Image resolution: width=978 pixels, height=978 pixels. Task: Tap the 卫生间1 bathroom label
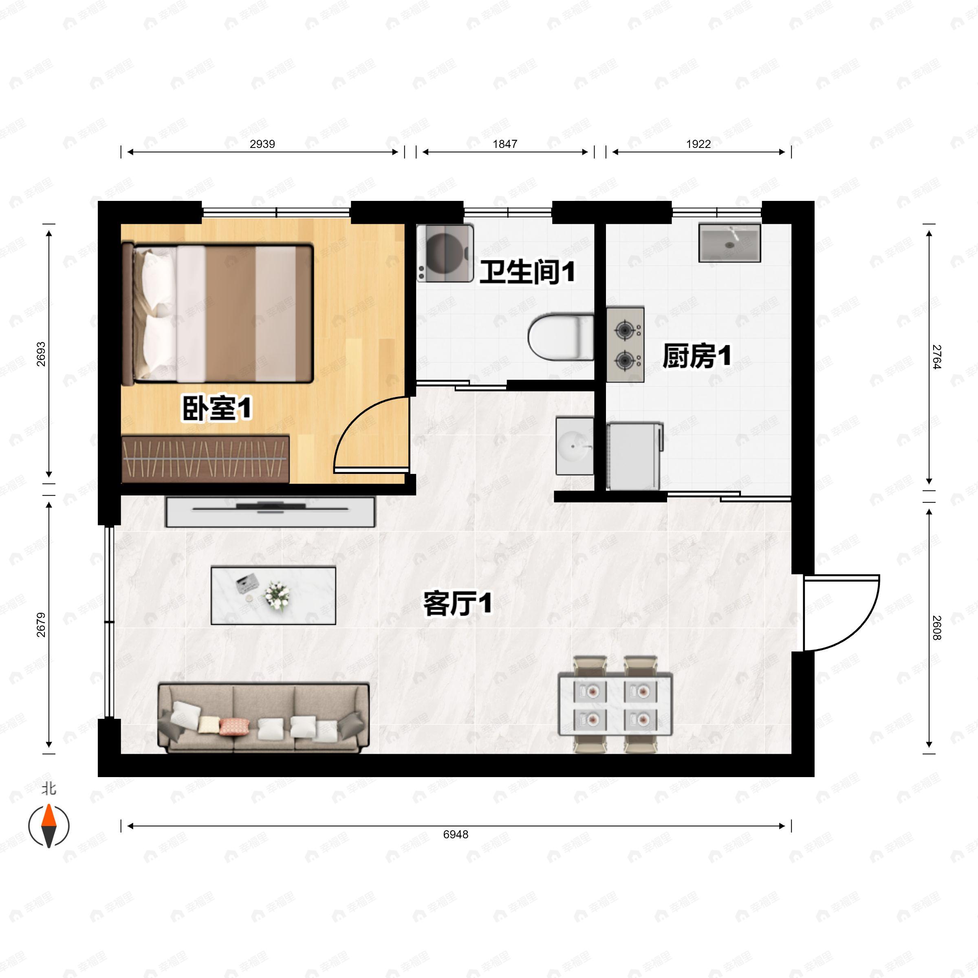click(527, 272)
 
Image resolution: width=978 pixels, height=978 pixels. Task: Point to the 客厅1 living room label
click(457, 604)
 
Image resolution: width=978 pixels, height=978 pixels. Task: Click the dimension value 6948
click(456, 834)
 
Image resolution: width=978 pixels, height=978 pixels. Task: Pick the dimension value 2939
click(262, 144)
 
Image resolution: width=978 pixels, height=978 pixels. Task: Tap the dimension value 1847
click(505, 144)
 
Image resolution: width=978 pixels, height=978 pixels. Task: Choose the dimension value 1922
click(698, 144)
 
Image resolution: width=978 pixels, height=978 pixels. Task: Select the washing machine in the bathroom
click(445, 253)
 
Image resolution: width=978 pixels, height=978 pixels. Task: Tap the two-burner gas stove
click(625, 345)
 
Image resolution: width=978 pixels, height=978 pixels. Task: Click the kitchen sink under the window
click(729, 243)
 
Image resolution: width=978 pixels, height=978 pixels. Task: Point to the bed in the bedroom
click(218, 313)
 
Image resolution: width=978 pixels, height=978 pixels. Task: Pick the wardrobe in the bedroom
click(205, 458)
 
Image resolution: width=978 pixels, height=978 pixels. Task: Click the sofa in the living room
click(264, 717)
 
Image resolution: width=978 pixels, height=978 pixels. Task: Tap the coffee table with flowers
click(273, 595)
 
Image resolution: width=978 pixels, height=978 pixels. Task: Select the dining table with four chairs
click(615, 704)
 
